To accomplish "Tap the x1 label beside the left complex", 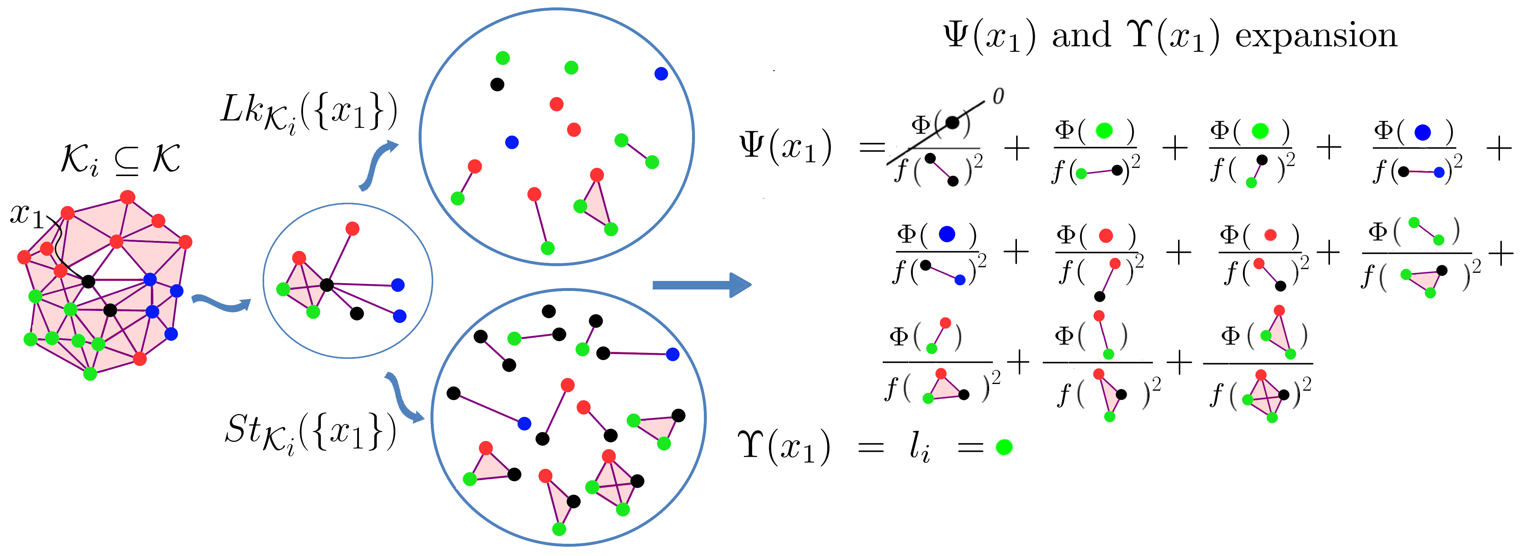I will tap(27, 215).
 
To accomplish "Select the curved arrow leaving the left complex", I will tap(221, 304).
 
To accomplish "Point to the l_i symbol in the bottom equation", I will tap(919, 447).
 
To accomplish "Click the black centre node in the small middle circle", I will tap(326, 285).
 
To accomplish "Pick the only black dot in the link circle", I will tap(498, 85).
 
